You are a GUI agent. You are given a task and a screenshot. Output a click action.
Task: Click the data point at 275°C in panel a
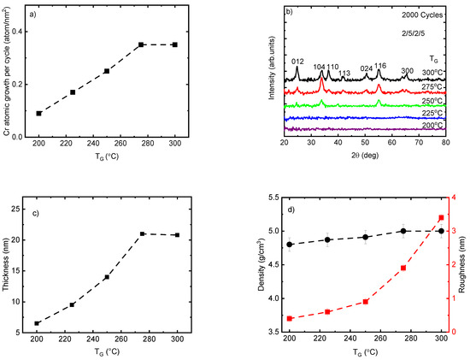pyautogui.click(x=141, y=44)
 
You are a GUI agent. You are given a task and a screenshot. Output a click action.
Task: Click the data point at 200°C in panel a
pyautogui.click(x=39, y=113)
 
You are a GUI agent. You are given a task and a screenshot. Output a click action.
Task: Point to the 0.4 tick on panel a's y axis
pyautogui.click(x=23, y=32)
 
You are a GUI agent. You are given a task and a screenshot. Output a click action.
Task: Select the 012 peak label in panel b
pyautogui.click(x=297, y=62)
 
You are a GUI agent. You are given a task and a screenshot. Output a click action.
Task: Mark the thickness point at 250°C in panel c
pyautogui.click(x=107, y=277)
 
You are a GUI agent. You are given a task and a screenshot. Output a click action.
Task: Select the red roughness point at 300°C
pyautogui.click(x=441, y=218)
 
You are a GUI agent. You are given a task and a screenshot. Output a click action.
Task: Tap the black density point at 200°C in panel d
pyautogui.click(x=290, y=245)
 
